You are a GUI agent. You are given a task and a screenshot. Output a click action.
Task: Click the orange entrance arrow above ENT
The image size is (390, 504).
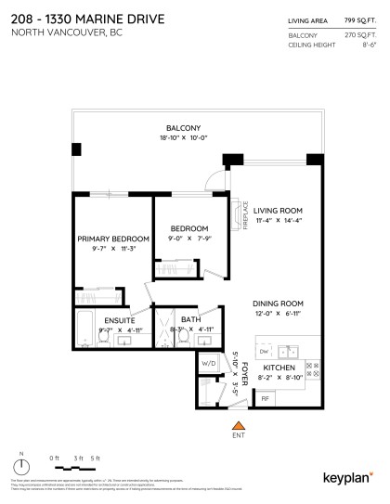point(237,423)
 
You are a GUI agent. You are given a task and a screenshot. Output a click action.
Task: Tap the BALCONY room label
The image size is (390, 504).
point(183,128)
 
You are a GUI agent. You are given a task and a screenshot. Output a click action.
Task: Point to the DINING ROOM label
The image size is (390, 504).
point(278,304)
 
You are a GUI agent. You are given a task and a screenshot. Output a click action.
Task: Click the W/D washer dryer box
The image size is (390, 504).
point(209,364)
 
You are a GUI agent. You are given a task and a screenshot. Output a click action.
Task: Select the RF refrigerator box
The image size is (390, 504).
point(265,399)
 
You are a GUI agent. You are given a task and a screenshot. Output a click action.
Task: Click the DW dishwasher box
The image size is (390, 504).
point(265,352)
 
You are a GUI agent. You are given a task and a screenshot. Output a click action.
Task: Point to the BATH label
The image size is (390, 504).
point(191,320)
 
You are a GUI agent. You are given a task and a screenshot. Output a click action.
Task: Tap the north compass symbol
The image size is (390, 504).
point(23,467)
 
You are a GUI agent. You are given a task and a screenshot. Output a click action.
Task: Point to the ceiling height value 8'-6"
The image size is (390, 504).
point(363,42)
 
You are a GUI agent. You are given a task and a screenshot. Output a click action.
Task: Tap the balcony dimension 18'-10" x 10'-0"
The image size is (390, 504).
point(183,139)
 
